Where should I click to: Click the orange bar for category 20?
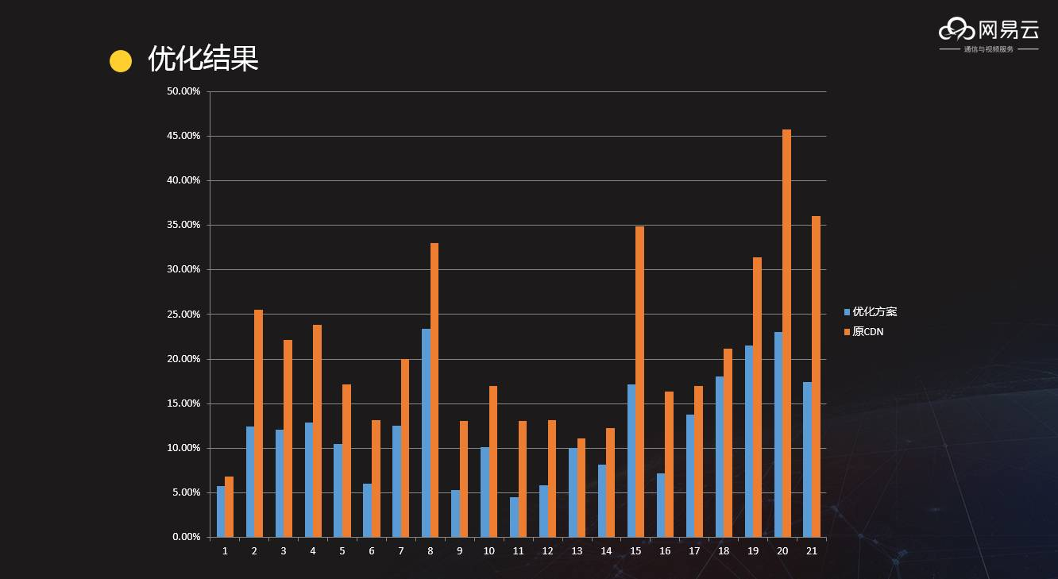(786, 334)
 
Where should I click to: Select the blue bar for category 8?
(426, 433)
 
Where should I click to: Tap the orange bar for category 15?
(639, 381)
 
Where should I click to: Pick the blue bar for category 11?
(514, 517)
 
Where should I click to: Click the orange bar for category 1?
(230, 507)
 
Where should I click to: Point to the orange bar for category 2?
(258, 423)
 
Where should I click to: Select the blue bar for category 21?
(807, 459)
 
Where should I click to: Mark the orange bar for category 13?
(581, 488)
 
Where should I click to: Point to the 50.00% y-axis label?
(183, 91)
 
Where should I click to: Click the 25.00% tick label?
(183, 315)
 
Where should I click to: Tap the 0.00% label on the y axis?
(186, 537)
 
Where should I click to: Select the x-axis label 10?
(488, 551)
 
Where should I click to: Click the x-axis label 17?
(694, 551)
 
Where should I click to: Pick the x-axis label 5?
(342, 551)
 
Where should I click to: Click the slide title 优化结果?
(203, 60)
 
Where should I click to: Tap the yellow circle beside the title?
(120, 61)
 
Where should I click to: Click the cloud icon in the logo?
(956, 30)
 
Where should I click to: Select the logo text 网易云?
(1008, 30)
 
